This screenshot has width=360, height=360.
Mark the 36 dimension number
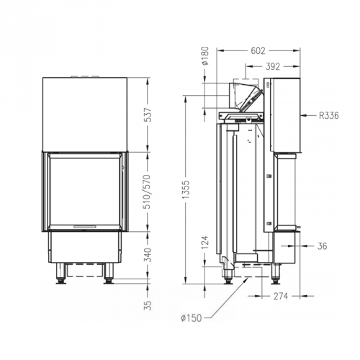(x=322, y=246)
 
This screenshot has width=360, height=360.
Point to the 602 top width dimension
(x=258, y=50)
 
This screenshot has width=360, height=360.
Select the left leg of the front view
(x=61, y=273)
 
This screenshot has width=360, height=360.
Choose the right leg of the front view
(x=109, y=273)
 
